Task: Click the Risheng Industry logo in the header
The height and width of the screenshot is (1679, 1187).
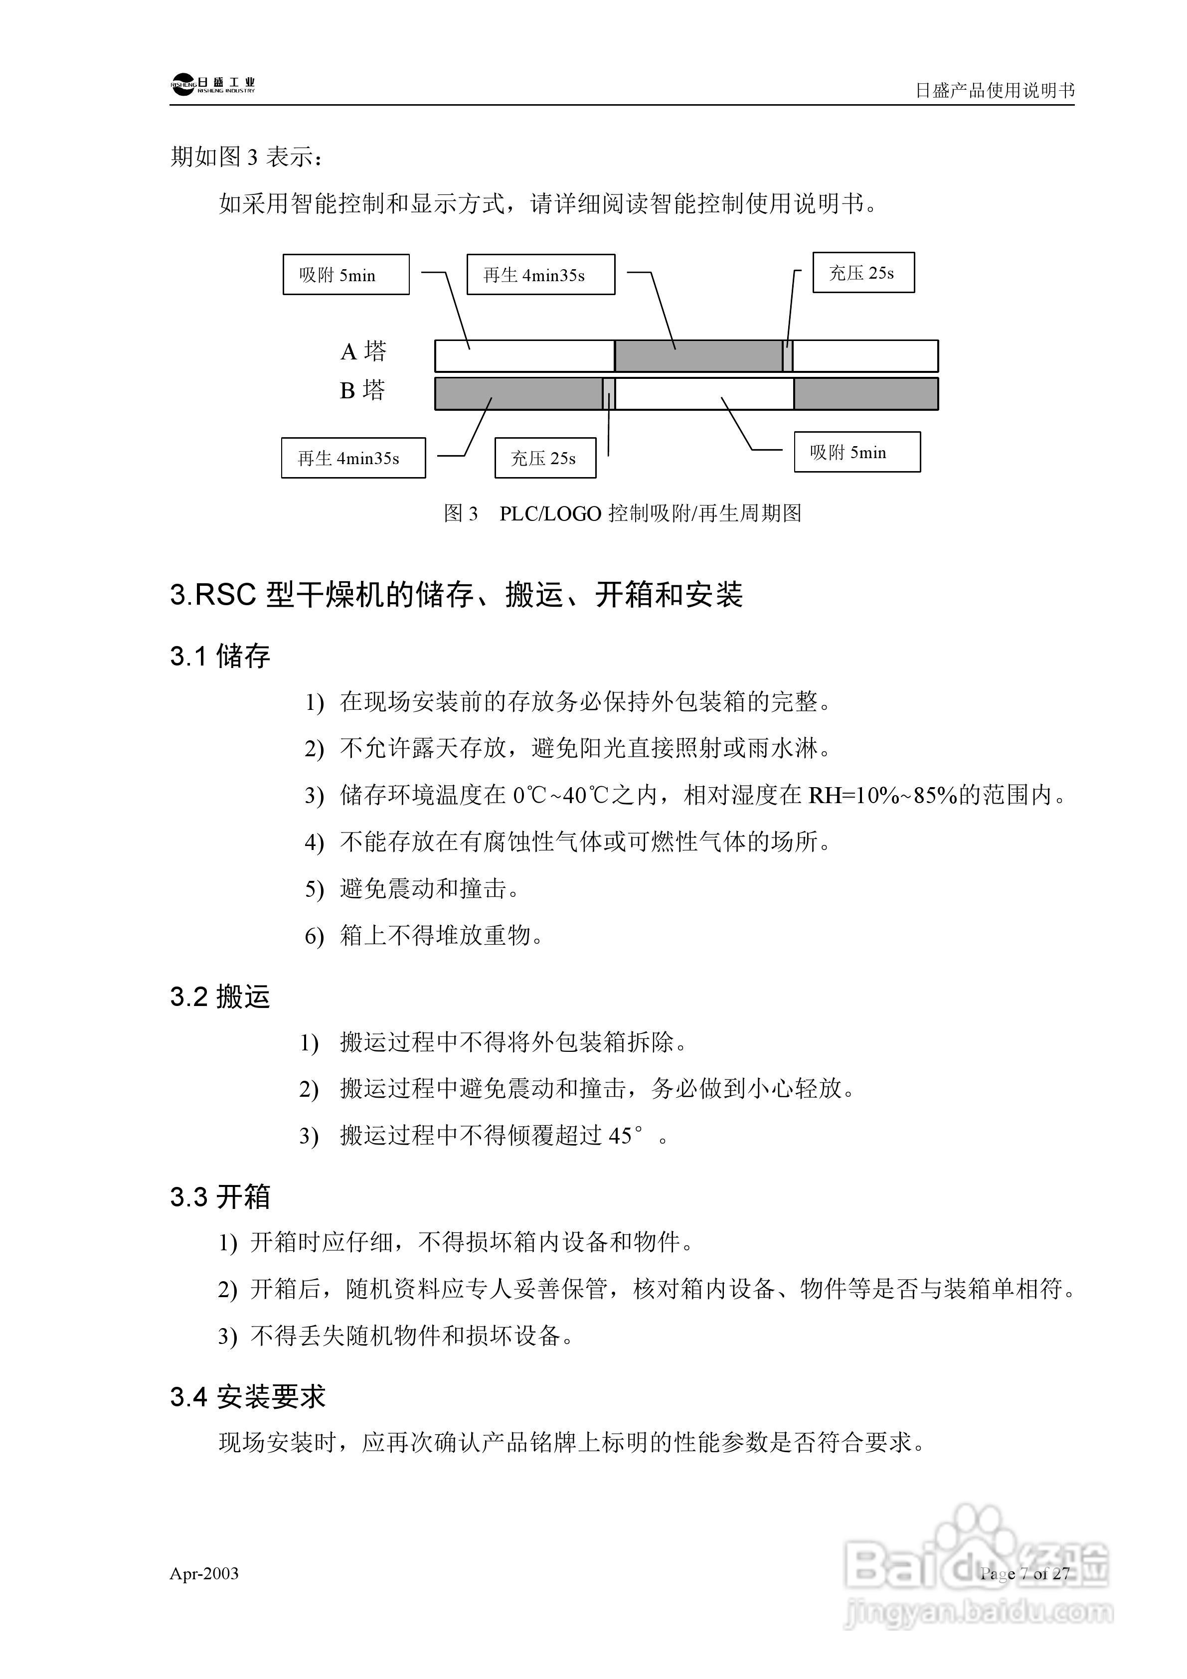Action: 213,85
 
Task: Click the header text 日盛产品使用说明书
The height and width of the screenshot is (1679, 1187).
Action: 994,91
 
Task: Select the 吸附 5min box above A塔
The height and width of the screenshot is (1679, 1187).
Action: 346,275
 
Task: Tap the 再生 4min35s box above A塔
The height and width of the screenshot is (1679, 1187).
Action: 540,275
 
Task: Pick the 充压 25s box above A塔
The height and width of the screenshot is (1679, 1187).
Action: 863,273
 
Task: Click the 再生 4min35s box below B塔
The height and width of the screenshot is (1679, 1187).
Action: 353,459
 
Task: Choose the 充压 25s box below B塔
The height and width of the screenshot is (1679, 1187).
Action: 545,459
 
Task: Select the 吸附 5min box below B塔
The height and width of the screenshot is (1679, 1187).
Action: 856,453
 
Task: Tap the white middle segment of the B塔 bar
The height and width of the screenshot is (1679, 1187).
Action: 704,393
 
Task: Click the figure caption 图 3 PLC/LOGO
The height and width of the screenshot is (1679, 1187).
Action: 622,513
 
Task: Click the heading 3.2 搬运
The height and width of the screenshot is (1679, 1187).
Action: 220,997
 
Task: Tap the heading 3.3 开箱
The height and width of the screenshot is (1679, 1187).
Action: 220,1197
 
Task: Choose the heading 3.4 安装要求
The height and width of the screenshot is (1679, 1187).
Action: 247,1397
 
